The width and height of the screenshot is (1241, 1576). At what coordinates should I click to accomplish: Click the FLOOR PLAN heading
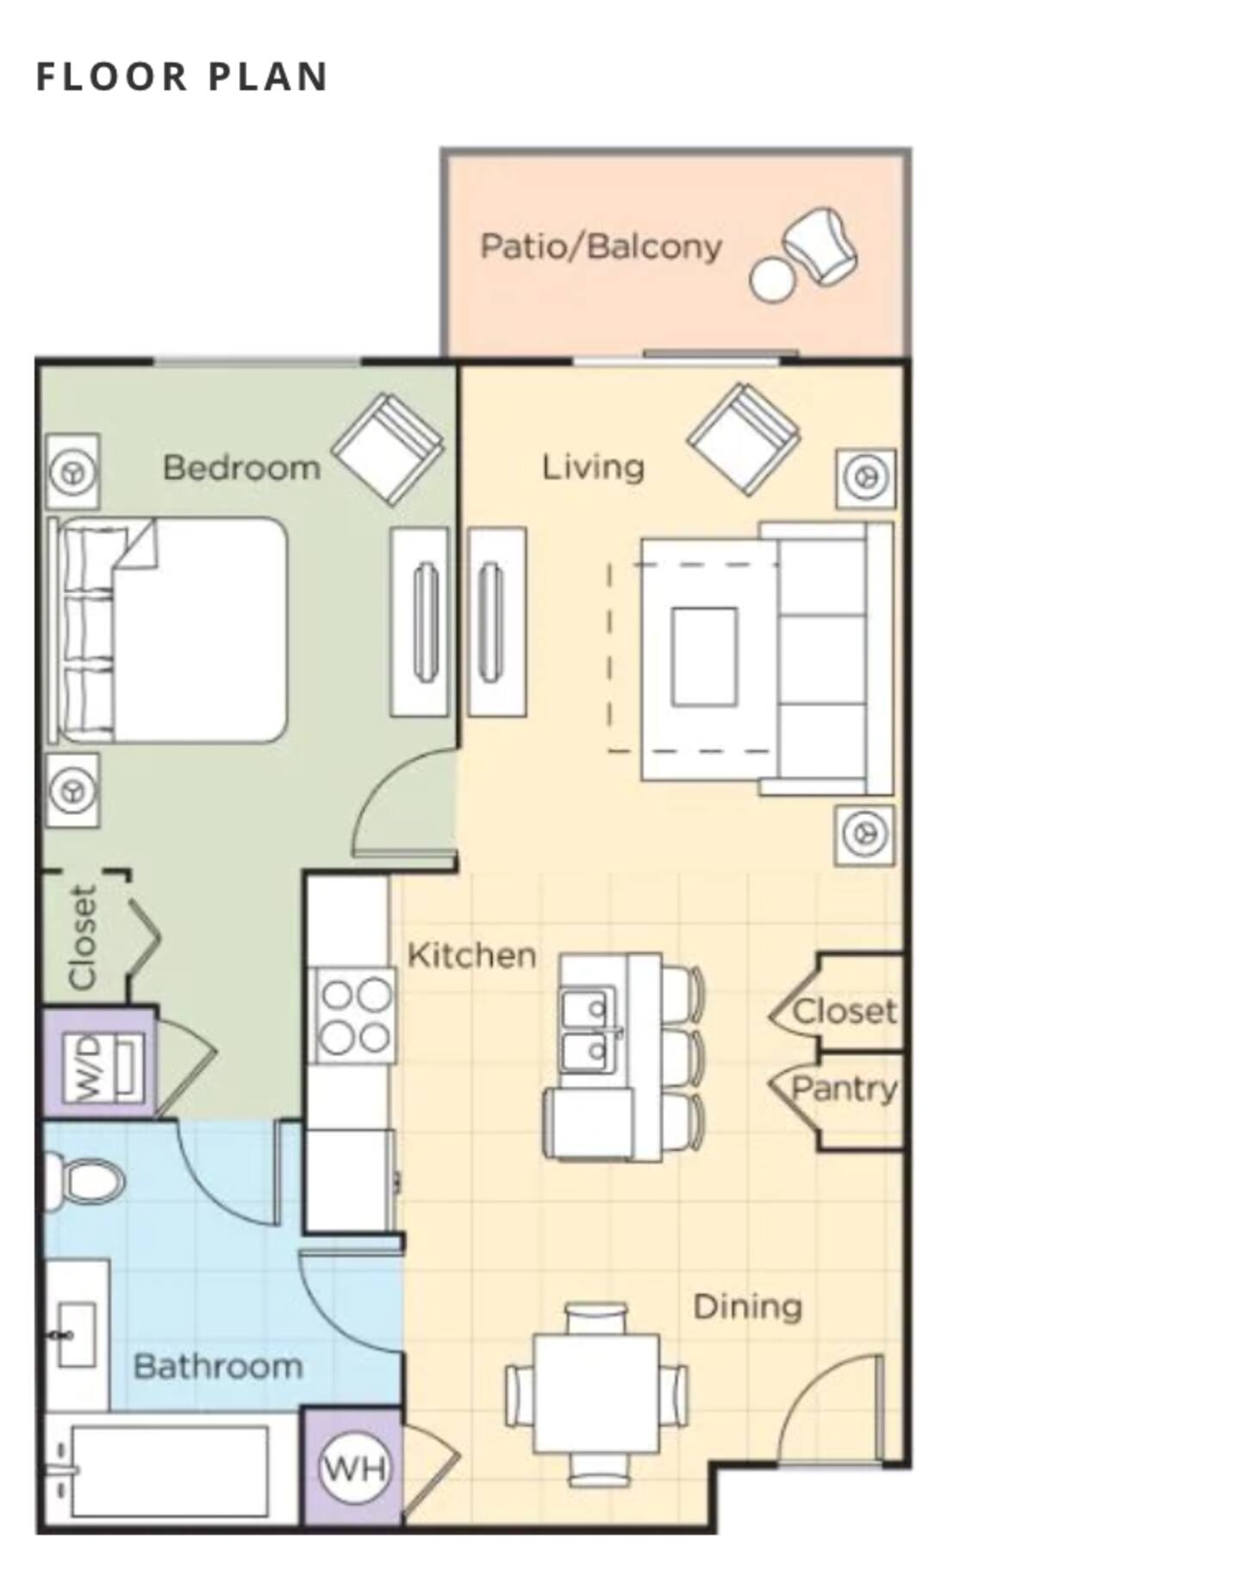[182, 76]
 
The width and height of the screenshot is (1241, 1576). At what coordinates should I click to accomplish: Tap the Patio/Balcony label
[601, 246]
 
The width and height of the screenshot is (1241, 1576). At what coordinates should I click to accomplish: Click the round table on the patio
[771, 279]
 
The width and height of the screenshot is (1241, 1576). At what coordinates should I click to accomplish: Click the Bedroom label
[241, 468]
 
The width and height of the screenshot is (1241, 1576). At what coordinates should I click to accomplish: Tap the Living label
[593, 467]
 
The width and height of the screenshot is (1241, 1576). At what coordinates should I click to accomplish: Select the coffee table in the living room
[705, 657]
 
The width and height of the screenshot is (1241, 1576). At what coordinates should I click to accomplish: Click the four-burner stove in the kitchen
[353, 1015]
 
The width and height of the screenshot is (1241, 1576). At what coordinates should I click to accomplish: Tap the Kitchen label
[471, 955]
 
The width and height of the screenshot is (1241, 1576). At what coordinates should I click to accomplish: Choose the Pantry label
[845, 1089]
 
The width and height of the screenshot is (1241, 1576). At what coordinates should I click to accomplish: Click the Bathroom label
[218, 1367]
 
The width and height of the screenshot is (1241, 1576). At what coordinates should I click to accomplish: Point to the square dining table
[596, 1394]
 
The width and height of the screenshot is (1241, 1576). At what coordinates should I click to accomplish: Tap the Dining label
[747, 1307]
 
